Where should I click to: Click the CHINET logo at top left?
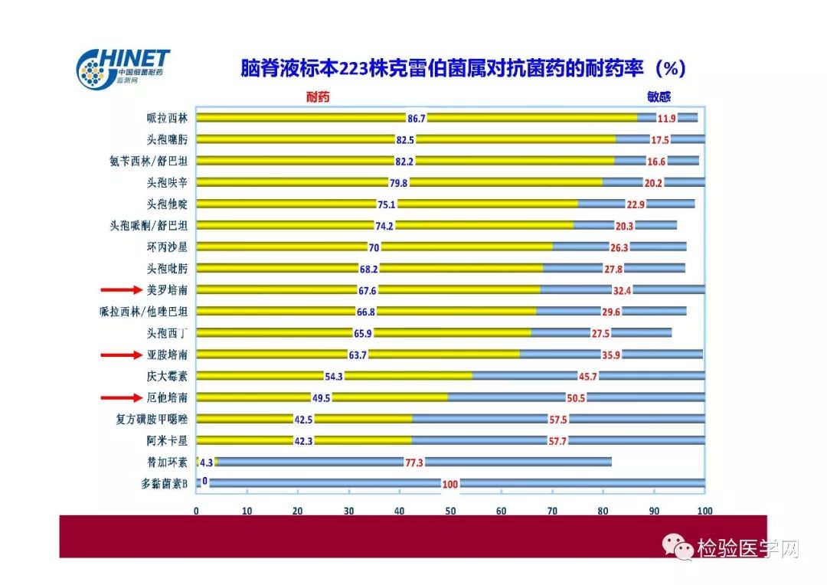tap(123, 67)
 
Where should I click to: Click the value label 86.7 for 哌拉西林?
tap(416, 118)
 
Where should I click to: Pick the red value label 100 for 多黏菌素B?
tap(450, 484)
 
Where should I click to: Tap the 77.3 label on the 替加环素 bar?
tap(413, 462)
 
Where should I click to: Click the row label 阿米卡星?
tap(167, 440)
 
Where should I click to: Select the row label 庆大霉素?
tap(167, 376)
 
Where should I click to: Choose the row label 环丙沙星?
tap(167, 247)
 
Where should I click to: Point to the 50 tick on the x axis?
tap(450, 511)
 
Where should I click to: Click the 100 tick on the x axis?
tap(704, 511)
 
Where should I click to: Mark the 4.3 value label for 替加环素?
tap(206, 462)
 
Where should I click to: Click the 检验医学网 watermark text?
tap(747, 548)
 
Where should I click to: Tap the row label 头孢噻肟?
tap(167, 139)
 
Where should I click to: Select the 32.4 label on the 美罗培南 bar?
tap(623, 290)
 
